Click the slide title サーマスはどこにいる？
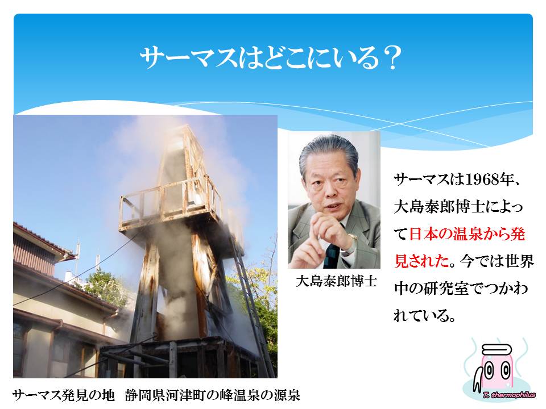271,58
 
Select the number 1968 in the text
481,180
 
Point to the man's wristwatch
353,239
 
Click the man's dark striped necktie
331,256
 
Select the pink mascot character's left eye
490,372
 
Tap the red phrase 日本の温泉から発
466,233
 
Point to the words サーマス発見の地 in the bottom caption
63,395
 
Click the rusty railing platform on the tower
171,205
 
